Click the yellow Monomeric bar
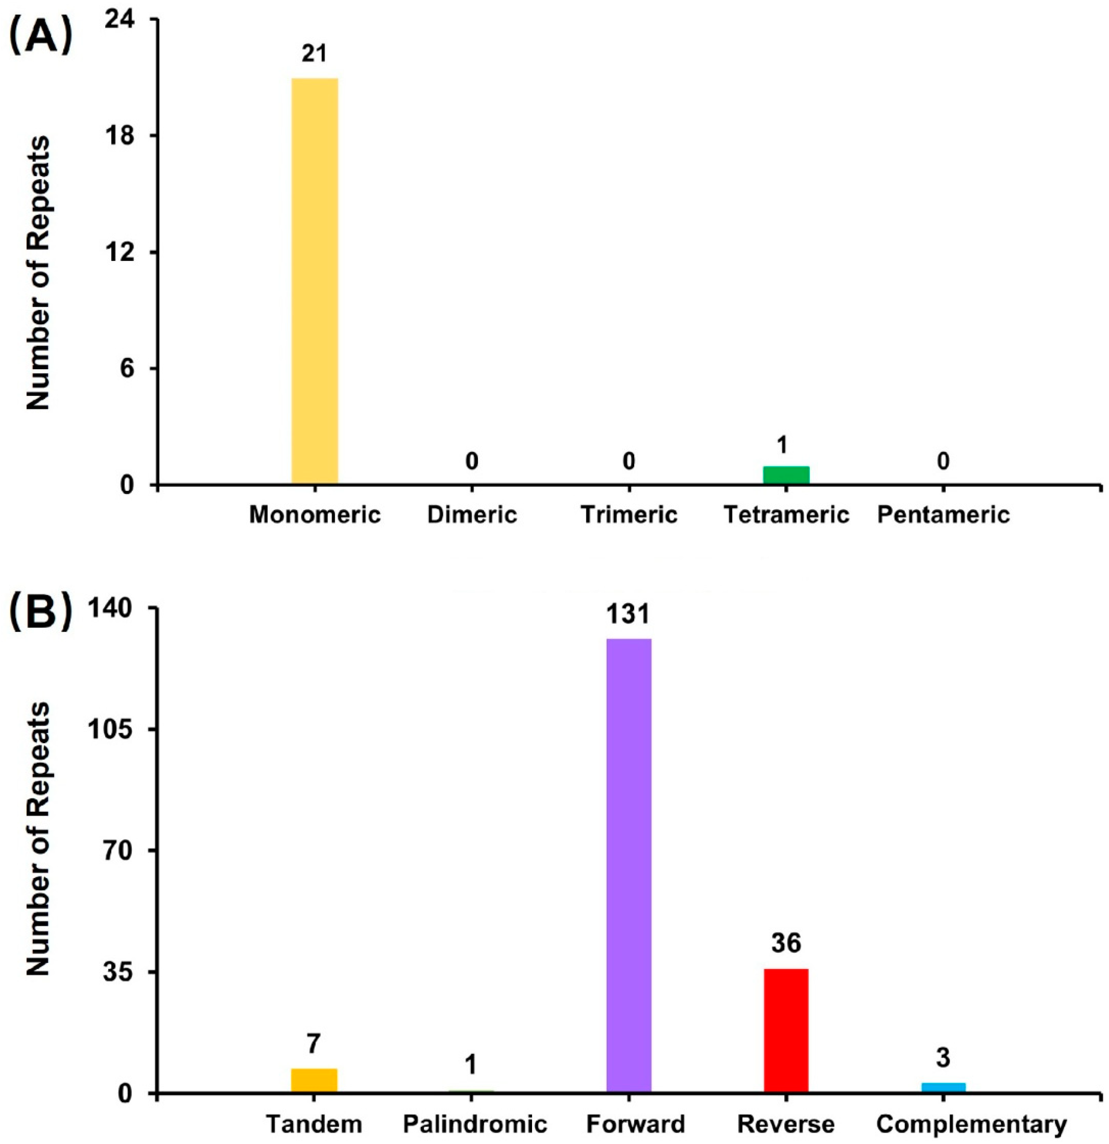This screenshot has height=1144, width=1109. [315, 281]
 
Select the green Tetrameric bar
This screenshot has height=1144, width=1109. [786, 475]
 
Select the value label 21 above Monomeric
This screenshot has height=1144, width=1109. [314, 54]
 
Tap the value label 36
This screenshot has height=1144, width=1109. [786, 943]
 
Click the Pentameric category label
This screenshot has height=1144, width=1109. [943, 515]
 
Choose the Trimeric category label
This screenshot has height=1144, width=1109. [629, 515]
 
